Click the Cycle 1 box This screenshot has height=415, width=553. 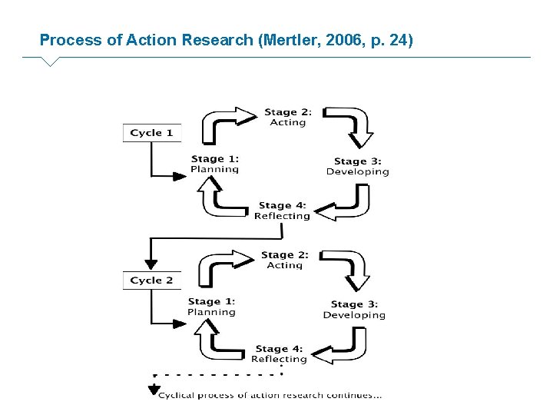[x=151, y=133]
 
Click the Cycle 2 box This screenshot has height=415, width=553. [x=151, y=281]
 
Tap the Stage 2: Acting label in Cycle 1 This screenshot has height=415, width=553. [x=288, y=117]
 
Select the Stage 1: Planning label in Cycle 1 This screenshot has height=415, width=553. [x=214, y=164]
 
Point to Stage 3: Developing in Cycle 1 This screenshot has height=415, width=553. [x=357, y=167]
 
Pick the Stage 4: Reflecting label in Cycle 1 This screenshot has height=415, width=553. [x=282, y=211]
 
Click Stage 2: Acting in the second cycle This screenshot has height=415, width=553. [x=284, y=260]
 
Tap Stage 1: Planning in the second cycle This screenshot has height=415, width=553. [x=211, y=307]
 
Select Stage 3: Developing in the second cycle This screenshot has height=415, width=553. [x=354, y=310]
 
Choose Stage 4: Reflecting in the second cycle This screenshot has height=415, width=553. [x=279, y=354]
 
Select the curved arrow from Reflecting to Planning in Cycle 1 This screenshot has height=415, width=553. [x=219, y=201]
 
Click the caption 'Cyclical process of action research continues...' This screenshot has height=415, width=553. [x=270, y=396]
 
